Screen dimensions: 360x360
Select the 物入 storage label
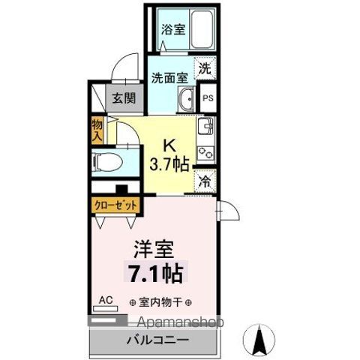(97, 132)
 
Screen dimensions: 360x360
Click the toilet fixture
(105, 160)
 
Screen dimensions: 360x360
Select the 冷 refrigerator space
(205, 180)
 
